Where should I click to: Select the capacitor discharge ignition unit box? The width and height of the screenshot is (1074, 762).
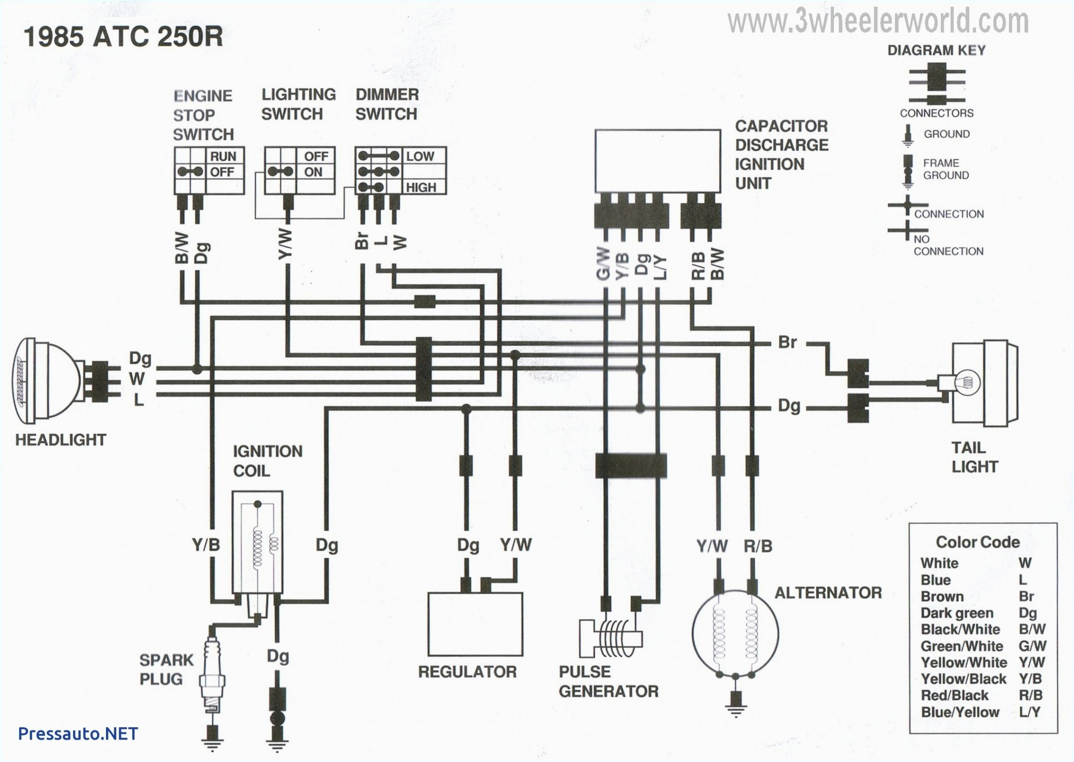click(658, 160)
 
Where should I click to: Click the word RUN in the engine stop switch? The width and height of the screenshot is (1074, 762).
click(223, 156)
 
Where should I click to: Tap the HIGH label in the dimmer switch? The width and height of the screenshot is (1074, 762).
click(421, 188)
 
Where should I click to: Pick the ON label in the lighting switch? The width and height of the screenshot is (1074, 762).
click(313, 172)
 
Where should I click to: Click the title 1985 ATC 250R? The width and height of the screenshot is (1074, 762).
click(123, 37)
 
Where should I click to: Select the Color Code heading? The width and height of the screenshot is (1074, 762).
click(977, 542)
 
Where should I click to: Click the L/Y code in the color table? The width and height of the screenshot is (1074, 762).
click(1029, 712)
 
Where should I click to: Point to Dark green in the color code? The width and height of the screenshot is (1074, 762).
click(957, 613)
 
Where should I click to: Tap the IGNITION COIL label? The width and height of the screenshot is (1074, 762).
click(267, 461)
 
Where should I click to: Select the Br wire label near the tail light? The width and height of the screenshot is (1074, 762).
click(787, 342)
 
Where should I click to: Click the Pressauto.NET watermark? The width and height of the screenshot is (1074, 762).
click(78, 733)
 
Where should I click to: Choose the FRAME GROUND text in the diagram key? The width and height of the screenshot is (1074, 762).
click(945, 169)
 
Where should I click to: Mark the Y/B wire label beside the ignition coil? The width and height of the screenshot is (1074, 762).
click(205, 545)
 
